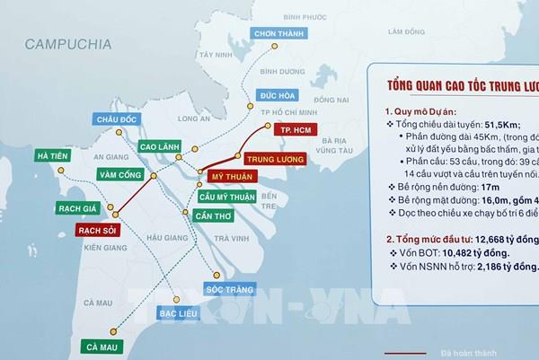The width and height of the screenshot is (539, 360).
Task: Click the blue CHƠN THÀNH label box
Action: (x=276, y=34)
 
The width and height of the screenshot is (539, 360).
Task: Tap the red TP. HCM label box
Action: (x=296, y=130)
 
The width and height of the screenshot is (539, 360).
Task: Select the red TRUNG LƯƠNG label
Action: (x=273, y=159)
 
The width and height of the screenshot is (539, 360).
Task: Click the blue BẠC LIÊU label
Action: (x=177, y=317)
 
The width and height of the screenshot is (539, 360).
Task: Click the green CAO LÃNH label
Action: (x=162, y=146)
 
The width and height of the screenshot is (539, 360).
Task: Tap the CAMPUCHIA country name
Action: (x=68, y=43)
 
